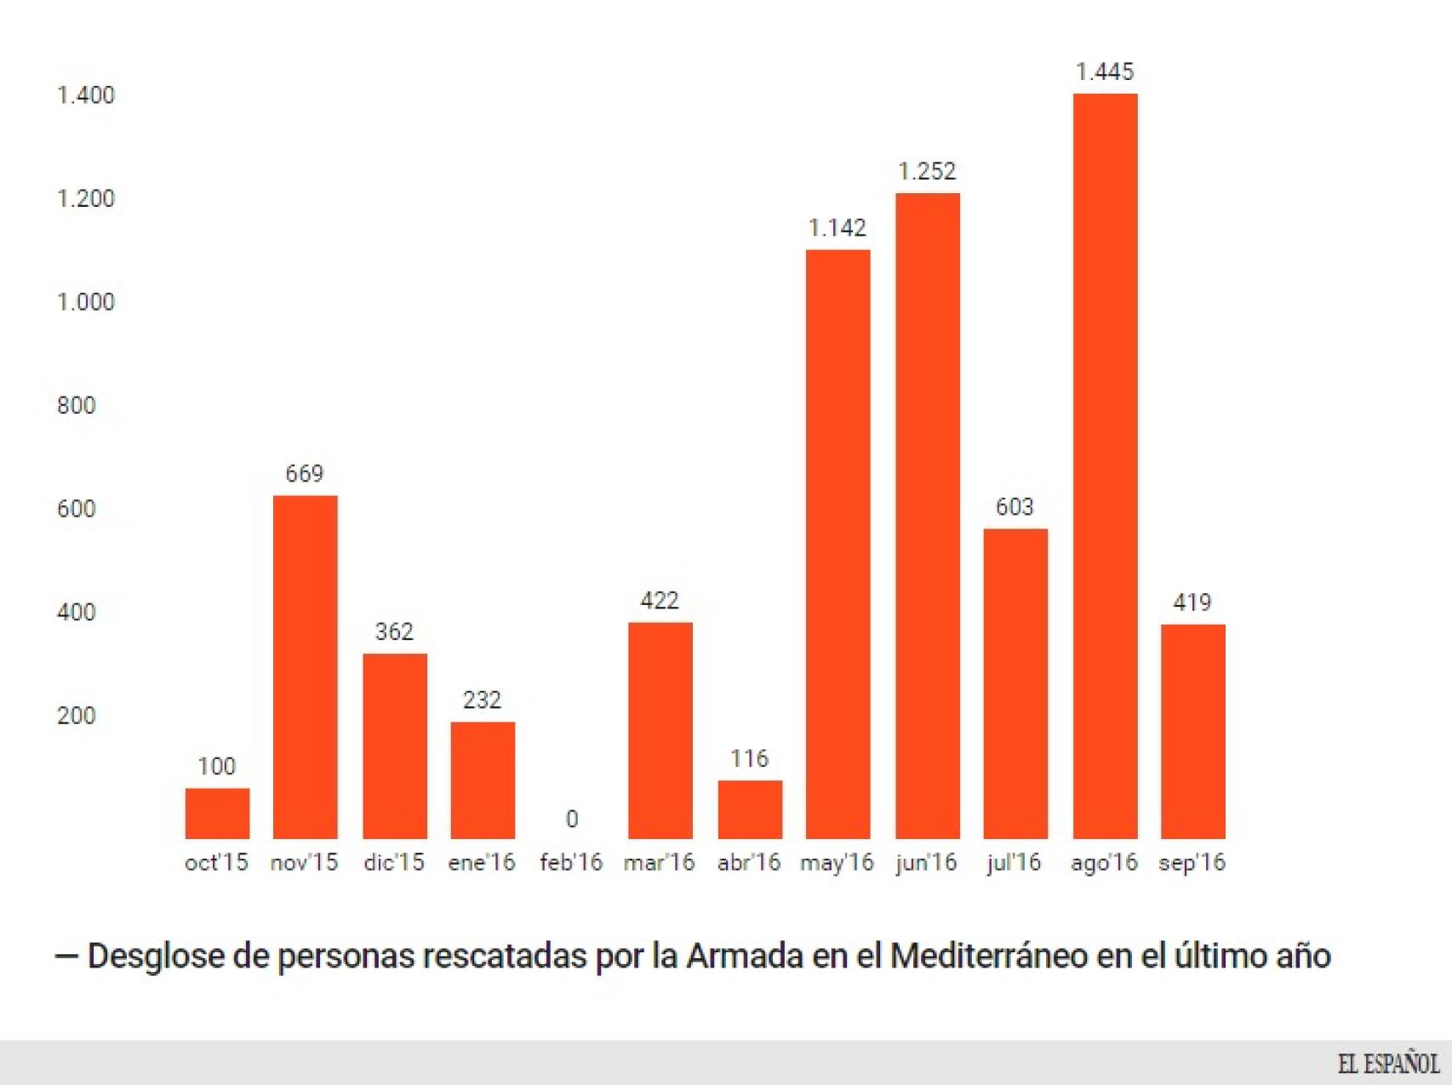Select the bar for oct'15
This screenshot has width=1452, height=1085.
pyautogui.click(x=217, y=813)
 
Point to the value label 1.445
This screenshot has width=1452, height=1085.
pyautogui.click(x=1105, y=71)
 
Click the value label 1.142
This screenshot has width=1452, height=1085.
pyautogui.click(x=837, y=228)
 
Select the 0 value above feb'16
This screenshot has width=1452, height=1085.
pyautogui.click(x=572, y=819)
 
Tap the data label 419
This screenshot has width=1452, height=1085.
pyautogui.click(x=1192, y=602)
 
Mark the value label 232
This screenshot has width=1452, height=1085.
pyautogui.click(x=482, y=700)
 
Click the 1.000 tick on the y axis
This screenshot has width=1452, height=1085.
pyautogui.click(x=85, y=302)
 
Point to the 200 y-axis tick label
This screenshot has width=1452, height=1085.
pyautogui.click(x=76, y=716)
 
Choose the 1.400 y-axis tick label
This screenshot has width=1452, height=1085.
pyautogui.click(x=85, y=95)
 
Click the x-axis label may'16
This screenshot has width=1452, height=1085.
pyautogui.click(x=837, y=863)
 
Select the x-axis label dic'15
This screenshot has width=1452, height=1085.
pyautogui.click(x=393, y=863)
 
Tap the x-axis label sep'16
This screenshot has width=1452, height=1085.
pyautogui.click(x=1192, y=863)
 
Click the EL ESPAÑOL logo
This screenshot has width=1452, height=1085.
pyautogui.click(x=1387, y=1063)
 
